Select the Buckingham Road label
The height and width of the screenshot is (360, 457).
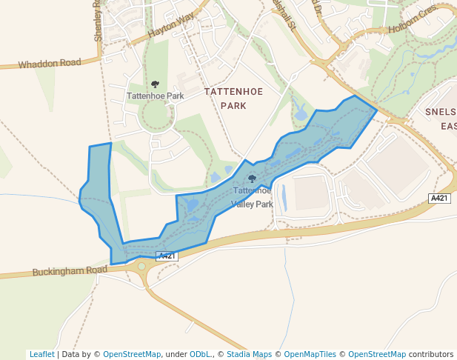[x=70, y=271]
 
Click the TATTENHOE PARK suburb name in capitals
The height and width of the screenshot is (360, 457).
[x=234, y=98]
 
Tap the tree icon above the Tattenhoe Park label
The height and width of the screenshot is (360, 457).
[x=155, y=84]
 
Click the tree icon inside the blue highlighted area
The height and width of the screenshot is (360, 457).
[x=252, y=179]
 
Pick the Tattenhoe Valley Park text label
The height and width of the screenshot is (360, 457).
[x=253, y=197]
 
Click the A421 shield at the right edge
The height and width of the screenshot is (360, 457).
[x=439, y=198]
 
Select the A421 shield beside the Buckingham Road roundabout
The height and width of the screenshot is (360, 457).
[x=167, y=256]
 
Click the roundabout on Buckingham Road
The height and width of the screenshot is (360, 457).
[x=141, y=266]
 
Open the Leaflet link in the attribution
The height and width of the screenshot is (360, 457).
[x=41, y=355]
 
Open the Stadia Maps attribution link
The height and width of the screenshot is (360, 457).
[x=249, y=355]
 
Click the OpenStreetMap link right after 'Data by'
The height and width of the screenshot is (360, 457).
[x=132, y=355]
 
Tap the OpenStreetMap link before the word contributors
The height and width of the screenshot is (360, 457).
[x=377, y=355]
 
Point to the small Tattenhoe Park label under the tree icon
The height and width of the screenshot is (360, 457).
[x=155, y=96]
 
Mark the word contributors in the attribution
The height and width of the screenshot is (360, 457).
[x=431, y=355]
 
